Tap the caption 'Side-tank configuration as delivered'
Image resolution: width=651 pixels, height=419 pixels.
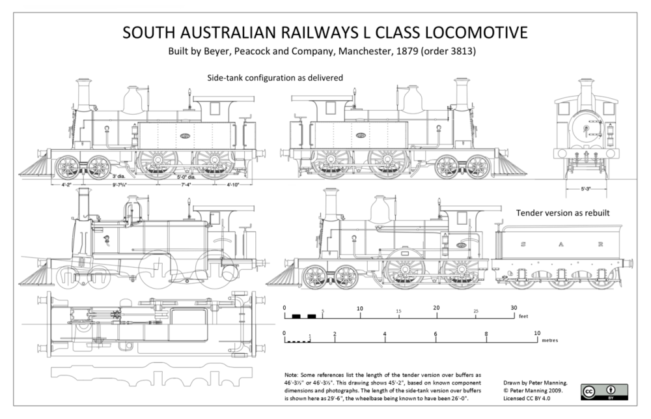[x=275, y=78]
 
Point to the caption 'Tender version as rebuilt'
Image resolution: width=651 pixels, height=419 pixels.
[x=562, y=213]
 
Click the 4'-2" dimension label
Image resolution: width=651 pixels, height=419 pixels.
[x=66, y=184]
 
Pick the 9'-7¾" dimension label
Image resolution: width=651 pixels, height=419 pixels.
[x=120, y=184]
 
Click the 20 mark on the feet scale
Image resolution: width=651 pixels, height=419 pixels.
[x=437, y=308]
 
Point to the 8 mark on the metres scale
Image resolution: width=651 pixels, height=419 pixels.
[x=486, y=334]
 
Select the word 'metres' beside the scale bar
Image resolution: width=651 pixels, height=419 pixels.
[x=549, y=340]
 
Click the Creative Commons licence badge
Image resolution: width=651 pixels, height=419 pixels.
[x=603, y=391]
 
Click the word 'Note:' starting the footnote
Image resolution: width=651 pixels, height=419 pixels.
[x=292, y=375]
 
